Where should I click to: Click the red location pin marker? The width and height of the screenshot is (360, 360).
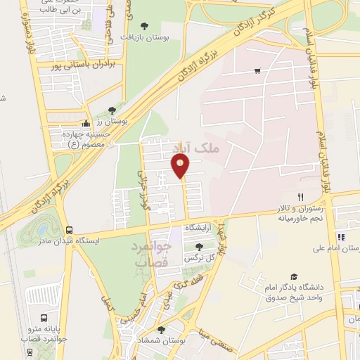point(180,166)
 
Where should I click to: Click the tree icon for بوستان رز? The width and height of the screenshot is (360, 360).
point(112,110)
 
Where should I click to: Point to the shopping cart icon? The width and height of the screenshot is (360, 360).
point(258,70)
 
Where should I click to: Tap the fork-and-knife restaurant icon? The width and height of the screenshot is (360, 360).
point(300,197)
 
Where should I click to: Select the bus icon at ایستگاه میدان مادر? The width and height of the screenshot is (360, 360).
point(69,230)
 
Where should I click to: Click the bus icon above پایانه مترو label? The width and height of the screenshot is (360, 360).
point(44,317)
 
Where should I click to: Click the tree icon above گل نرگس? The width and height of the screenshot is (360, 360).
point(199,247)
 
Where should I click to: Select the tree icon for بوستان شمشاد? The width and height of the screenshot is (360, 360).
point(161,329)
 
